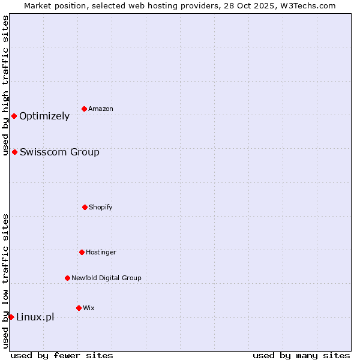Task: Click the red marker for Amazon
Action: point(84,109)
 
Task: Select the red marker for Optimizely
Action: point(14,116)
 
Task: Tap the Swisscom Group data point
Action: point(14,152)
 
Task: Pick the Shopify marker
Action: point(85,207)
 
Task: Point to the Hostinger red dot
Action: point(82,252)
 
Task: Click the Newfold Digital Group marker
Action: point(67,278)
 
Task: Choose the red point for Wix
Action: point(79,308)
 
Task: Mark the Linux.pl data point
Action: point(11,317)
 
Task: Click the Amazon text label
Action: point(101,109)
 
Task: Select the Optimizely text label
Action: point(44,116)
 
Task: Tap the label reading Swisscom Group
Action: point(59,152)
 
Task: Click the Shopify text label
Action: point(101,207)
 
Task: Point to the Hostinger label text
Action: point(101,252)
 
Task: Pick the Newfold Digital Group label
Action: point(106,278)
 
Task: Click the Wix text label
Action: point(89,308)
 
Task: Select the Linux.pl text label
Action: point(35,317)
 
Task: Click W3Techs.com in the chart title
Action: point(309,5)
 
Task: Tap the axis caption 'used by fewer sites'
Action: point(62,355)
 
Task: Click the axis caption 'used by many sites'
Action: point(301,355)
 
